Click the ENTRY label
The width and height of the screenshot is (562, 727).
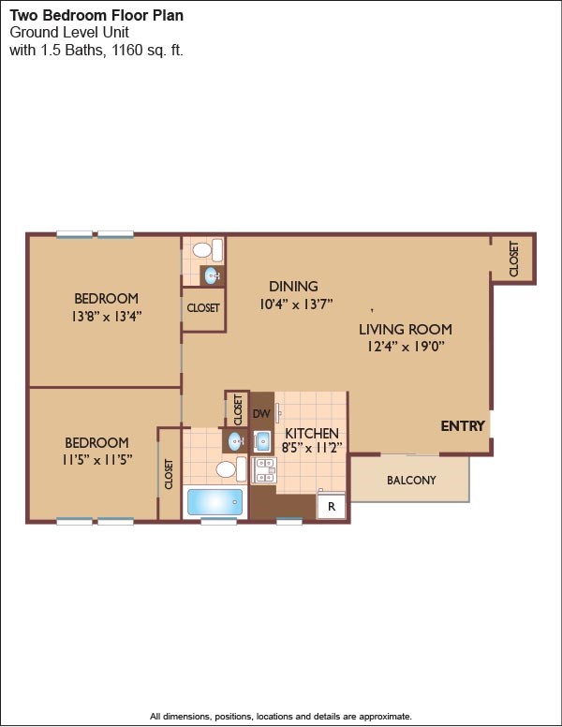pyautogui.click(x=463, y=425)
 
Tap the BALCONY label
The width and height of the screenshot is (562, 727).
pyautogui.click(x=411, y=480)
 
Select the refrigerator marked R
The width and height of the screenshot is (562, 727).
pyautogui.click(x=331, y=506)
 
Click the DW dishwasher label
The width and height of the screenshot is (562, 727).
pyautogui.click(x=261, y=413)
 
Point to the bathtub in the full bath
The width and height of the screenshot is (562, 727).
pyautogui.click(x=215, y=502)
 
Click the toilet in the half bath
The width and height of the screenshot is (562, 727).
pyautogui.click(x=208, y=250)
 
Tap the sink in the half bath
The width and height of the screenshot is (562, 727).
pyautogui.click(x=213, y=275)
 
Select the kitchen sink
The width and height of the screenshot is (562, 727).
pyautogui.click(x=263, y=441)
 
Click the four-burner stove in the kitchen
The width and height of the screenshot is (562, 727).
pyautogui.click(x=264, y=470)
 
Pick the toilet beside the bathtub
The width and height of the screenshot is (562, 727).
pyautogui.click(x=231, y=468)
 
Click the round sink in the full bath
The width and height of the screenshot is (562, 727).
pyautogui.click(x=236, y=441)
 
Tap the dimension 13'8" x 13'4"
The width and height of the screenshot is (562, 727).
pyautogui.click(x=107, y=317)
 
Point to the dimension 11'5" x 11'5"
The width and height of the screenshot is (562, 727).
pyautogui.click(x=97, y=460)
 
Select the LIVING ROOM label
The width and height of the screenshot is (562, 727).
pyautogui.click(x=406, y=330)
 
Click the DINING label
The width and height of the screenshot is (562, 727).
pyautogui.click(x=293, y=286)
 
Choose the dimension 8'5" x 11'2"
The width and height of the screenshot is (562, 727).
pyautogui.click(x=312, y=449)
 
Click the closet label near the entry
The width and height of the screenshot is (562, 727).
pyautogui.click(x=514, y=259)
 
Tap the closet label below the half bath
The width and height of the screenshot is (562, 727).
pyautogui.click(x=203, y=307)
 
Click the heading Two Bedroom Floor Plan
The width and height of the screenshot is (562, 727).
pyautogui.click(x=96, y=15)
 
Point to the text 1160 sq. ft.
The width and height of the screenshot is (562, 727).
pyautogui.click(x=147, y=50)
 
